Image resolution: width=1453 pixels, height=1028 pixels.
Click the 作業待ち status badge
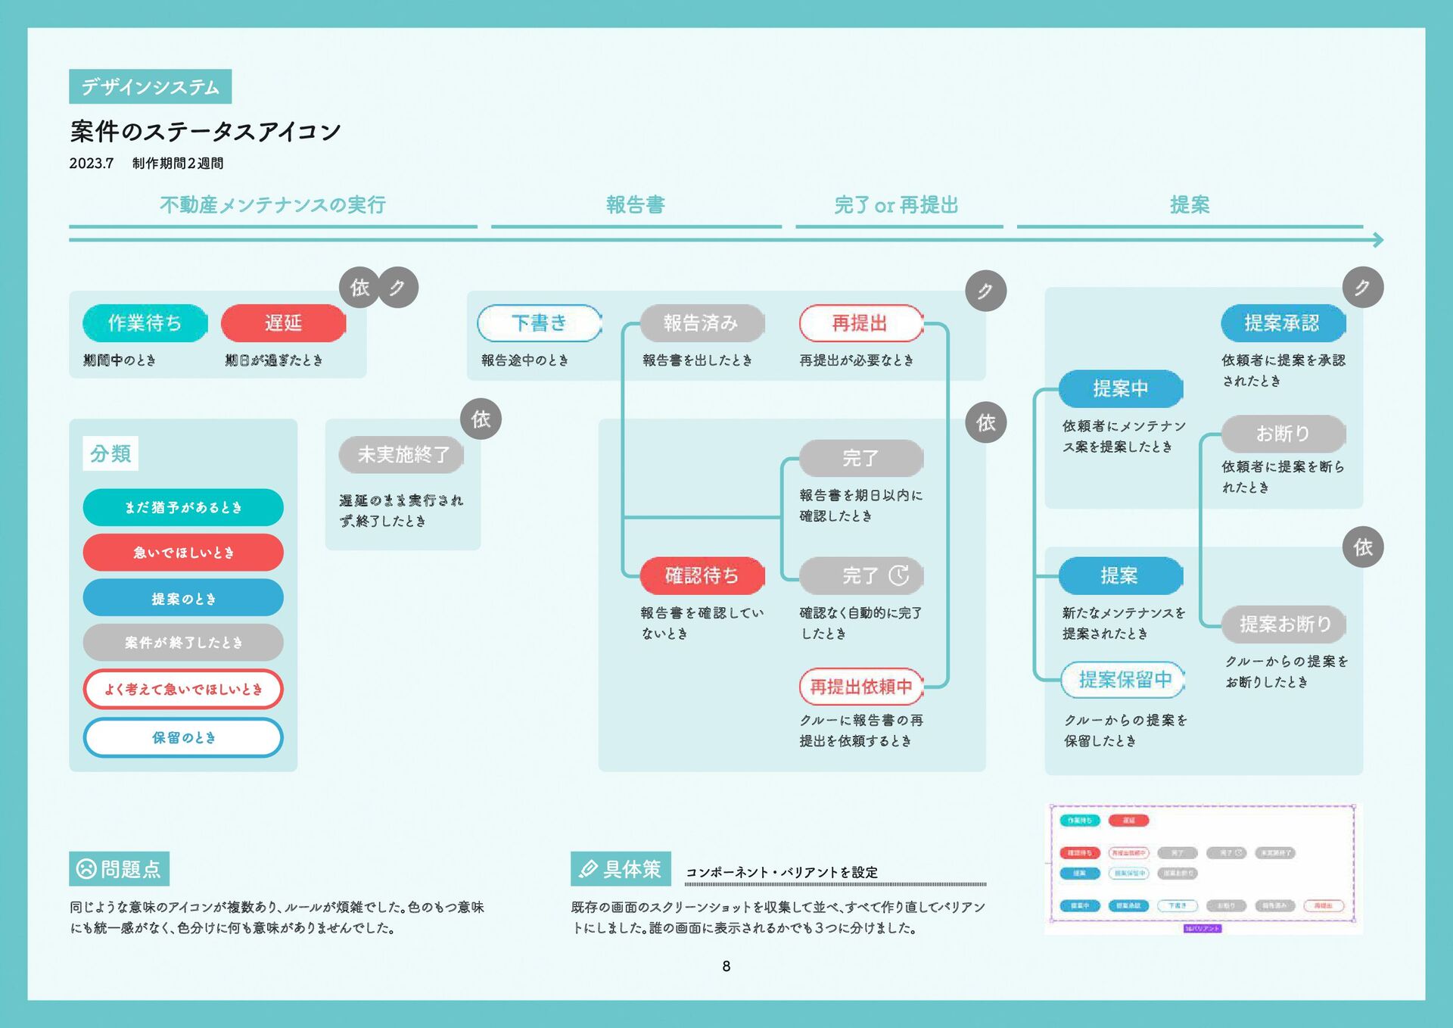click(145, 323)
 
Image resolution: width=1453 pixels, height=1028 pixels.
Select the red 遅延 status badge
click(283, 323)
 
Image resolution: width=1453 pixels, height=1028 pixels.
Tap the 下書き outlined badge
click(540, 323)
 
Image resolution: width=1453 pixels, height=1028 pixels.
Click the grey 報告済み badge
click(702, 323)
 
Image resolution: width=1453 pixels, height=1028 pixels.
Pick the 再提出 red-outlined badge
click(860, 323)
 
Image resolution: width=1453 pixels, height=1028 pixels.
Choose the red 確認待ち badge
click(702, 576)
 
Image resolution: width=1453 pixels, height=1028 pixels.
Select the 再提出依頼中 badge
click(861, 687)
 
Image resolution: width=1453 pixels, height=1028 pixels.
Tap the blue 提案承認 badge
click(1282, 323)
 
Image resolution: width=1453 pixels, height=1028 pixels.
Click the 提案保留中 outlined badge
click(1124, 680)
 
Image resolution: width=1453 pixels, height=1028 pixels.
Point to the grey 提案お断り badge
click(1284, 624)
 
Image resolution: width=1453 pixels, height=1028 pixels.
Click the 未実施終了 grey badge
click(402, 455)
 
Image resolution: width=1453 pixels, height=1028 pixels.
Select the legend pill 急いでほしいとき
click(183, 553)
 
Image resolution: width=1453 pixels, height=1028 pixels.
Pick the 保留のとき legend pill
click(183, 737)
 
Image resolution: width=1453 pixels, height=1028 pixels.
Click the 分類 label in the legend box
click(110, 454)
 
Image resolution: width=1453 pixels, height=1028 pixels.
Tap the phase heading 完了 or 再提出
click(897, 205)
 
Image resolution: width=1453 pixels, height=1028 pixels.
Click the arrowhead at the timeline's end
click(1378, 240)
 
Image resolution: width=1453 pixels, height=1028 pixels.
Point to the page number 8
click(726, 966)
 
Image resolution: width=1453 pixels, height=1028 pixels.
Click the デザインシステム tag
click(150, 87)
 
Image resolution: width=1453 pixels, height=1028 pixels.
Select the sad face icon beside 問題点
click(86, 869)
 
